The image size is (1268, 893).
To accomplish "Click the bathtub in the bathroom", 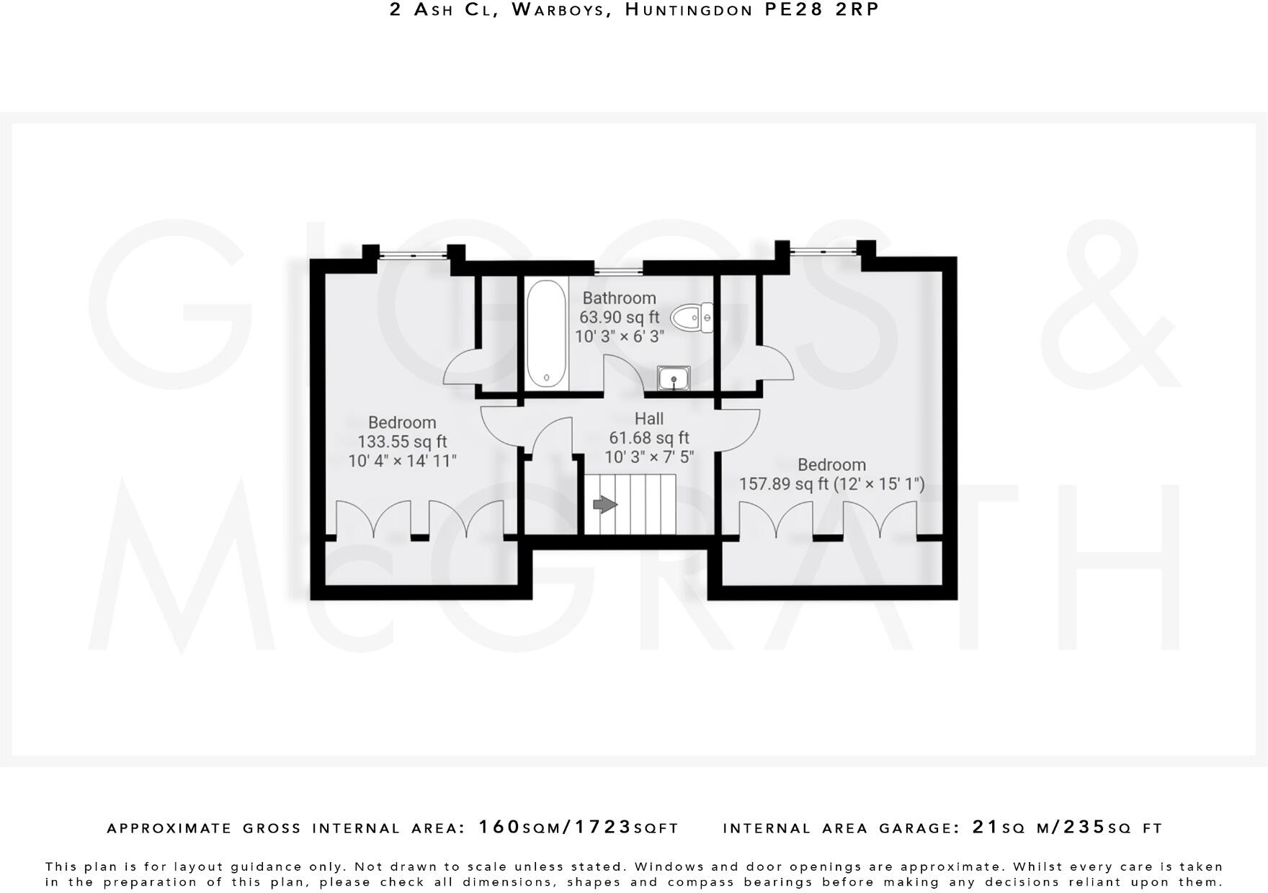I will point(546,334).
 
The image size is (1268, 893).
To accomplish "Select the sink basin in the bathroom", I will point(674,377).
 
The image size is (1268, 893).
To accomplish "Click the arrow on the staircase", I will point(604,505).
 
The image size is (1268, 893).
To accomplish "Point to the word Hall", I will point(648,418).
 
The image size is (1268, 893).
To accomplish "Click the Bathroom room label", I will point(619,298).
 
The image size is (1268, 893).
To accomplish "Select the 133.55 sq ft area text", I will point(402,441).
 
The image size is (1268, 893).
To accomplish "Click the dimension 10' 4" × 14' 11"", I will point(402,461).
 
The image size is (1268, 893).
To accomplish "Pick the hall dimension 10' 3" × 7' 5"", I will point(648,457).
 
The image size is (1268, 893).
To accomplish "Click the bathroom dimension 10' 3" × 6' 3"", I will point(619,336).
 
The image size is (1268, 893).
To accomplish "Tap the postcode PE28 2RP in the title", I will point(822,10).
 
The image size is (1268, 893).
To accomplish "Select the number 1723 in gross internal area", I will point(602,827).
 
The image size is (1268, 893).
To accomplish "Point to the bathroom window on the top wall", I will point(618,271).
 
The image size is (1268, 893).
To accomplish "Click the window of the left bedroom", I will point(413,253).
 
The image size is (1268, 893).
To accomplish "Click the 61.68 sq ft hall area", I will point(648,438).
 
